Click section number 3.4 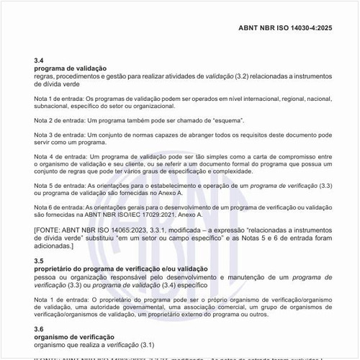point(39,60)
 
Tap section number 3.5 point(39,261)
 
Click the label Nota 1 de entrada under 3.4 point(58,99)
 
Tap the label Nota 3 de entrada point(58,135)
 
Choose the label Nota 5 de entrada point(58,186)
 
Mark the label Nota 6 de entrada point(58,207)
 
